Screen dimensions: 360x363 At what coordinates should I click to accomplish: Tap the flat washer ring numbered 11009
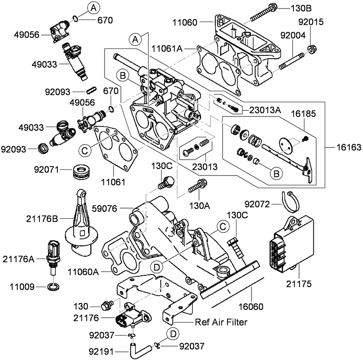pyautogui.click(x=52, y=287)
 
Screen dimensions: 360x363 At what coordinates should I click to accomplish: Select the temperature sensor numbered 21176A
pyautogui.click(x=53, y=256)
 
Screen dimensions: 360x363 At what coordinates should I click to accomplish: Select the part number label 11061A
pyautogui.click(x=168, y=48)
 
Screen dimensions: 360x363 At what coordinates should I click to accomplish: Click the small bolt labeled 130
pyautogui.click(x=108, y=305)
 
